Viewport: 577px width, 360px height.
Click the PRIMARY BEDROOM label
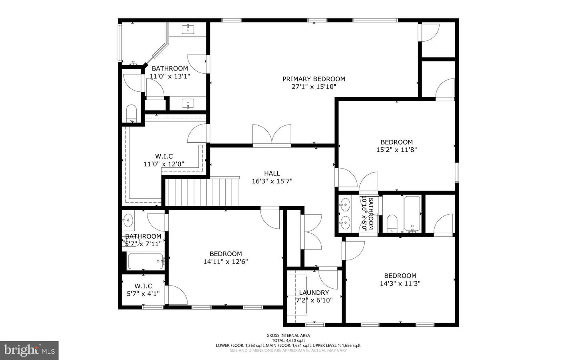click(314, 79)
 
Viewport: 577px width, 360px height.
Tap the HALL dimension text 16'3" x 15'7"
click(272, 181)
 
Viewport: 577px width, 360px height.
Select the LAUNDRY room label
click(314, 293)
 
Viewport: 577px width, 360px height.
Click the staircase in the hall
click(202, 192)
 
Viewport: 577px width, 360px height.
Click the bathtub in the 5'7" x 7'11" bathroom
click(145, 261)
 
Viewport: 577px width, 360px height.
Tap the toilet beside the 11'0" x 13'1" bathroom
click(131, 113)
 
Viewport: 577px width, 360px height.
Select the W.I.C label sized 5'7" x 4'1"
click(143, 286)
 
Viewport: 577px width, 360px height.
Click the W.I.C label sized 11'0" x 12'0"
click(164, 156)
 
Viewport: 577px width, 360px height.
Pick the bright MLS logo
click(29, 350)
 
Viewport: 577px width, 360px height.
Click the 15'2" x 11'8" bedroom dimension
click(396, 150)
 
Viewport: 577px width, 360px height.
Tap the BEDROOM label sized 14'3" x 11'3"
click(400, 276)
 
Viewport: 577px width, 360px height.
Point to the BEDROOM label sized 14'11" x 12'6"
click(226, 253)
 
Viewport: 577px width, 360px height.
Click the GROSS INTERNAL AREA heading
click(288, 336)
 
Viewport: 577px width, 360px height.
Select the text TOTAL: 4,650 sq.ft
click(288, 340)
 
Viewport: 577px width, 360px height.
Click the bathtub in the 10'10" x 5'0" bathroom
click(412, 213)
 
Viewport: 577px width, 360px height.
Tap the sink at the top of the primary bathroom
click(188, 29)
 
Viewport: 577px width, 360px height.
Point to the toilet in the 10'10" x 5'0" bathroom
click(391, 223)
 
